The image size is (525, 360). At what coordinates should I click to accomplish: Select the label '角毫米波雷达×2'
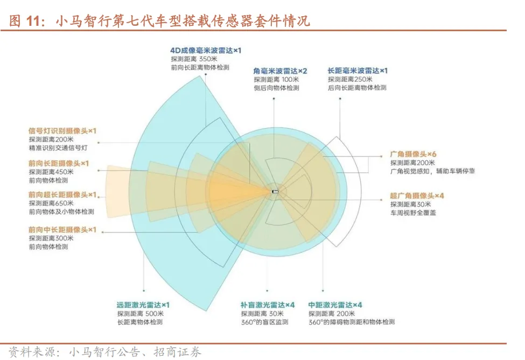(280, 70)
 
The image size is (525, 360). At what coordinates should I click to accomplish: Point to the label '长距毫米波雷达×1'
(358, 70)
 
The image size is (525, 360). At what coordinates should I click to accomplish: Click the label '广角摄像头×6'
(417, 153)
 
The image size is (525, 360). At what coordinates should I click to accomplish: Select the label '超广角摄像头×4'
(417, 195)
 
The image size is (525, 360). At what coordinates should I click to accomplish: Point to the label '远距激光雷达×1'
(143, 305)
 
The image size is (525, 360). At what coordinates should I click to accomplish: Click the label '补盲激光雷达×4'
(268, 305)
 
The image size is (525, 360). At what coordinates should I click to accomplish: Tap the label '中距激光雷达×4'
(335, 305)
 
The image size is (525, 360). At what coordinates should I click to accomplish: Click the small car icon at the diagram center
(275, 191)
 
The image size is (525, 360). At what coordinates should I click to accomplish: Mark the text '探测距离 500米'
(139, 314)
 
